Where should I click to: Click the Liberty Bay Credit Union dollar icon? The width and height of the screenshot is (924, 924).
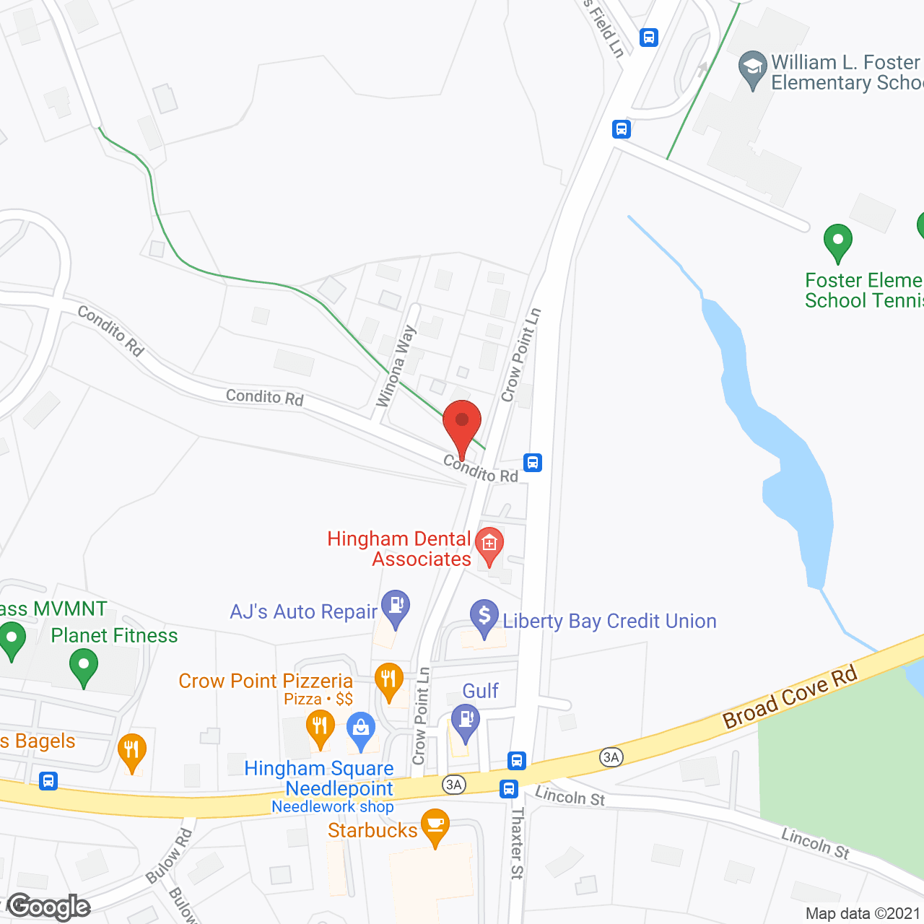click(x=484, y=616)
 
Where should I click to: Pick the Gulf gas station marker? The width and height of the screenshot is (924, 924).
click(x=466, y=720)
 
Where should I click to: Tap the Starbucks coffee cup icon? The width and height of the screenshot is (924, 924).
click(x=435, y=824)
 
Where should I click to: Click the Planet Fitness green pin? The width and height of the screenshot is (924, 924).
click(x=84, y=666)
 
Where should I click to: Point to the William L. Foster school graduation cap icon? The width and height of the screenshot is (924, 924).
click(x=752, y=68)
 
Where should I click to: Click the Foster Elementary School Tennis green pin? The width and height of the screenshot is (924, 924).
click(x=837, y=240)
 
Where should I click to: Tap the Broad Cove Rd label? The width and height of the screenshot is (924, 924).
click(x=790, y=697)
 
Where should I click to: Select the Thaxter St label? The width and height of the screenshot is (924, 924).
click(x=517, y=842)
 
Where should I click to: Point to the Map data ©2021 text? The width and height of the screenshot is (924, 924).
click(x=863, y=914)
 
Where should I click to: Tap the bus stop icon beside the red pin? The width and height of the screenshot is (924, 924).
click(x=532, y=463)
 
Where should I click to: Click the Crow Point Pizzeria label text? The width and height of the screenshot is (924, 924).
click(x=266, y=681)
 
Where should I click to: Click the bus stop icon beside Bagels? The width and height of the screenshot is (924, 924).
click(x=48, y=780)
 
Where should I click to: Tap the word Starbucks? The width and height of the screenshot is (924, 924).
click(x=372, y=830)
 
